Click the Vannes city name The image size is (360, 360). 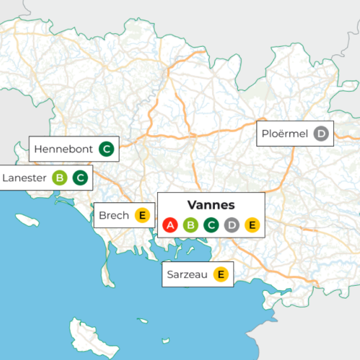point(211,205)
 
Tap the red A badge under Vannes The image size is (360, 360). point(171,224)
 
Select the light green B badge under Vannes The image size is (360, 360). point(191,224)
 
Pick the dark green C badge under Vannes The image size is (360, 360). point(211,224)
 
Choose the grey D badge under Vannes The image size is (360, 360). point(231,224)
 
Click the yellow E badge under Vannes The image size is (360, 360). point(251,224)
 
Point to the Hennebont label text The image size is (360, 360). point(63,149)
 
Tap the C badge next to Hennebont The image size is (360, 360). point(107,148)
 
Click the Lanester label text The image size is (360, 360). point(24,178)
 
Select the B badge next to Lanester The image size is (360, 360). point(59,178)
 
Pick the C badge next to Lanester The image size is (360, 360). point(80,178)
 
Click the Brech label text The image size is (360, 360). point(113,215)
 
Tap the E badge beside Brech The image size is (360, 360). point(142,215)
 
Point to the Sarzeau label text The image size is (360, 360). point(187,274)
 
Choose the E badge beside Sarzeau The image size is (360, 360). point(220,274)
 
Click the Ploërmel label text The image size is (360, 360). point(285,134)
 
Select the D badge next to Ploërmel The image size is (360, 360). point(321,134)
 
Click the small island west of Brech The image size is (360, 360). point(27,220)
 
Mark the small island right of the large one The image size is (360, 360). point(142,321)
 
